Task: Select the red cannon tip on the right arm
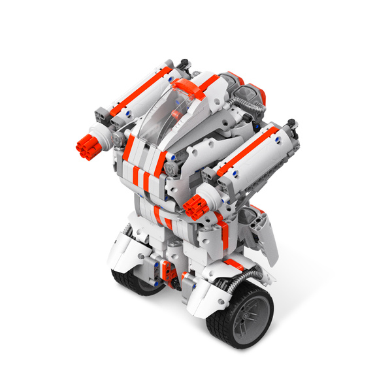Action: [195, 205]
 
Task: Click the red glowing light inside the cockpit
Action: [176, 116]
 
